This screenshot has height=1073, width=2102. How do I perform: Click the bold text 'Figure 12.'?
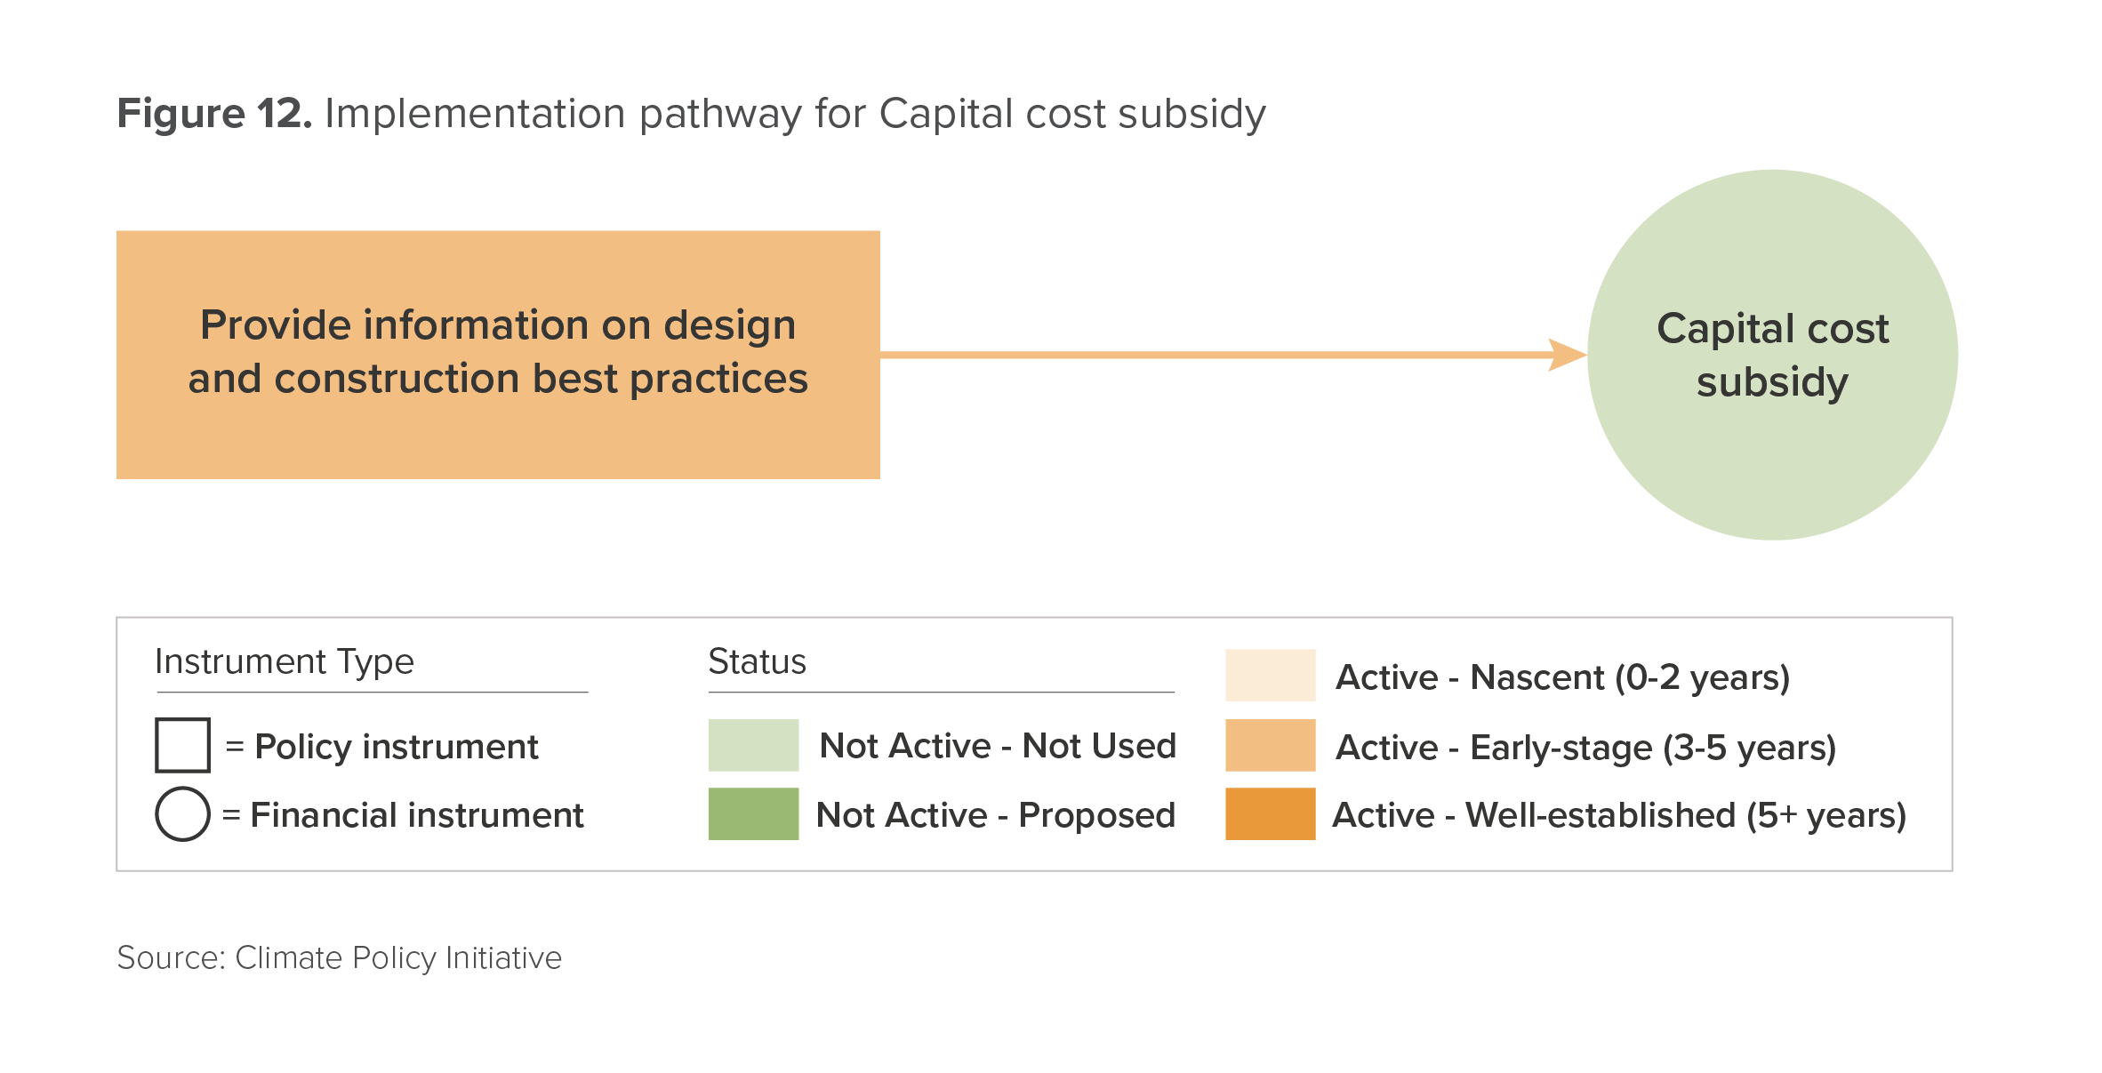point(214,114)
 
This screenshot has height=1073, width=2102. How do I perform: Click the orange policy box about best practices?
point(498,355)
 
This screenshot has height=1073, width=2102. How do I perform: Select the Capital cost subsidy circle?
point(1772,355)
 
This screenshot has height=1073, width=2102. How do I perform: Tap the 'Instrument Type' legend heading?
point(285,662)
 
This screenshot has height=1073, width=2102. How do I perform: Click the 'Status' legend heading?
point(757,662)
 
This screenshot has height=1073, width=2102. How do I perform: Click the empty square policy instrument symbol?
point(182,745)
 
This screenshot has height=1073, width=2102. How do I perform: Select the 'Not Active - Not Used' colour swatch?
point(753,745)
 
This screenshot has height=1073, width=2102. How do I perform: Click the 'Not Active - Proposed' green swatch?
point(753,813)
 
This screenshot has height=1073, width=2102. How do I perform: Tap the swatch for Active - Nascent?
point(1270,676)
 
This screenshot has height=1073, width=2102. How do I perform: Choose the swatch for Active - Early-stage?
point(1270,745)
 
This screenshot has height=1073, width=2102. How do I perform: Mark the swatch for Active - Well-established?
point(1270,813)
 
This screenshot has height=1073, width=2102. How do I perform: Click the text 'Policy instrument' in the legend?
point(397,747)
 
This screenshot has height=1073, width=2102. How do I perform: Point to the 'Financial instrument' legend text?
point(417,815)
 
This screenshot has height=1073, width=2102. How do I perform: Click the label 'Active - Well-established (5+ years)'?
point(1619,816)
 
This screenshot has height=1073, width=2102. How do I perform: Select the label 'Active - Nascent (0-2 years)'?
point(1562,678)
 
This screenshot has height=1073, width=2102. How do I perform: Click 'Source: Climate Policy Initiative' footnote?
point(339,958)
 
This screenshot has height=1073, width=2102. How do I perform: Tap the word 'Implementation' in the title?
point(476,115)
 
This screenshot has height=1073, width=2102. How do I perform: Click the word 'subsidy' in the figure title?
point(1191,115)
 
